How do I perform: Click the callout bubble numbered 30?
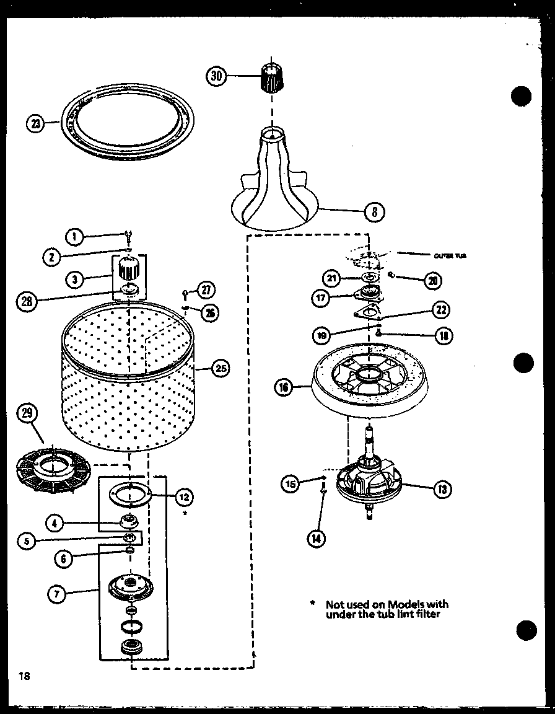pyautogui.click(x=216, y=76)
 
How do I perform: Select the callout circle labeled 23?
pyautogui.click(x=36, y=123)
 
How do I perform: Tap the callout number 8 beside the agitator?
pyautogui.click(x=374, y=213)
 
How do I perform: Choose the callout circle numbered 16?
pyautogui.click(x=284, y=389)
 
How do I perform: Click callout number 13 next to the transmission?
pyautogui.click(x=442, y=490)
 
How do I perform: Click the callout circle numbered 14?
pyautogui.click(x=317, y=539)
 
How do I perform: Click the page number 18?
pyautogui.click(x=24, y=676)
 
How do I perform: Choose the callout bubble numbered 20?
pyautogui.click(x=432, y=280)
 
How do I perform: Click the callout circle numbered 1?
pyautogui.click(x=74, y=236)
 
